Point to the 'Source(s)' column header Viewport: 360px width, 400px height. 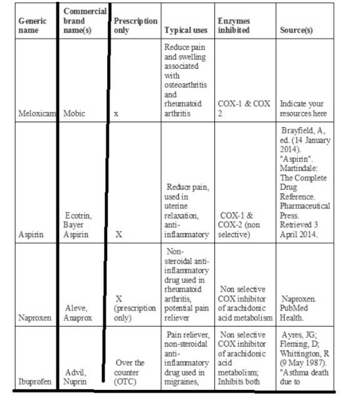tap(299, 30)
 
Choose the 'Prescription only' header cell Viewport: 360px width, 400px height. tap(135, 25)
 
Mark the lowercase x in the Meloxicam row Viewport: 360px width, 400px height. tap(116, 115)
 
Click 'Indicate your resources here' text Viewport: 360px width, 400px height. tap(303, 110)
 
